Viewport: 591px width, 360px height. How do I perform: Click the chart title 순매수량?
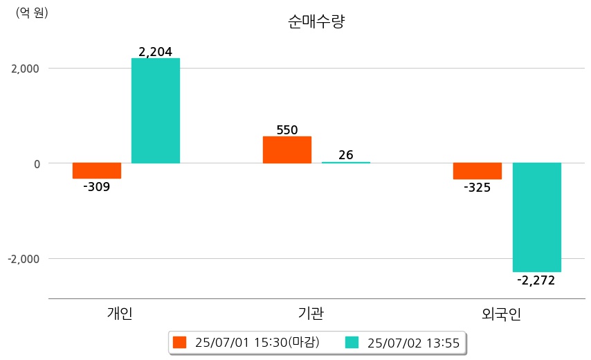(316, 21)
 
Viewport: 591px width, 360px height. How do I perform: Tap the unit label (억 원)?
(32, 12)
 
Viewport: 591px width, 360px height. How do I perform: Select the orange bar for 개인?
(97, 170)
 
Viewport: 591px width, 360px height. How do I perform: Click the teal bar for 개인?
(156, 111)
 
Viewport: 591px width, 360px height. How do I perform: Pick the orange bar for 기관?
(287, 150)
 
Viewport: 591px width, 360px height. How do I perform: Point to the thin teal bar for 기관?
(346, 163)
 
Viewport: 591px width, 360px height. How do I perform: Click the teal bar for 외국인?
(536, 217)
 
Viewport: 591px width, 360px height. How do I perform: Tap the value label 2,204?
(155, 51)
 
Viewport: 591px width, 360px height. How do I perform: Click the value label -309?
(96, 187)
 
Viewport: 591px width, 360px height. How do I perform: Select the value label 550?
(287, 129)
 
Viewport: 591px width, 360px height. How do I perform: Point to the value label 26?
(346, 155)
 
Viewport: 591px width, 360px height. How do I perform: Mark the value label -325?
(477, 188)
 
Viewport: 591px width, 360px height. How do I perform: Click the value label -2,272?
(536, 280)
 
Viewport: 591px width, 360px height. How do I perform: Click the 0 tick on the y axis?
(36, 163)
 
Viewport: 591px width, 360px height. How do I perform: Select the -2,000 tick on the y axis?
(23, 259)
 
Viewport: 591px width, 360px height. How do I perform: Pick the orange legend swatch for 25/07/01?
(180, 342)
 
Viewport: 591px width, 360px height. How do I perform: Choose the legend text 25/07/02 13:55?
(414, 342)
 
